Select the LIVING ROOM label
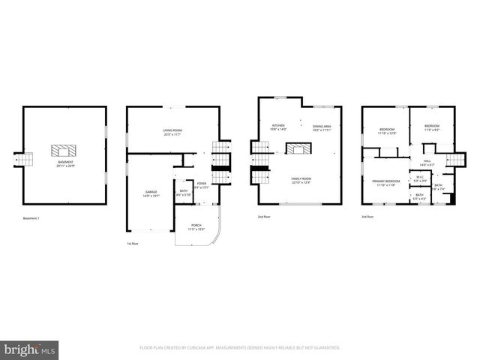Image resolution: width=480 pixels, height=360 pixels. (x=172, y=133)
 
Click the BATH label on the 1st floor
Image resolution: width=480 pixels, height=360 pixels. (x=184, y=193)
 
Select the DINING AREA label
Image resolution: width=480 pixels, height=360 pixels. (x=322, y=128)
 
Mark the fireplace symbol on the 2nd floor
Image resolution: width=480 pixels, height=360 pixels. (x=300, y=149)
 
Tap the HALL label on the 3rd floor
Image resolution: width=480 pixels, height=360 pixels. (x=427, y=163)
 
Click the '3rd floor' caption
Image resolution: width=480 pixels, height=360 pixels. (x=367, y=217)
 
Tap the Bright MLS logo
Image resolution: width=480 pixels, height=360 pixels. (x=30, y=349)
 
